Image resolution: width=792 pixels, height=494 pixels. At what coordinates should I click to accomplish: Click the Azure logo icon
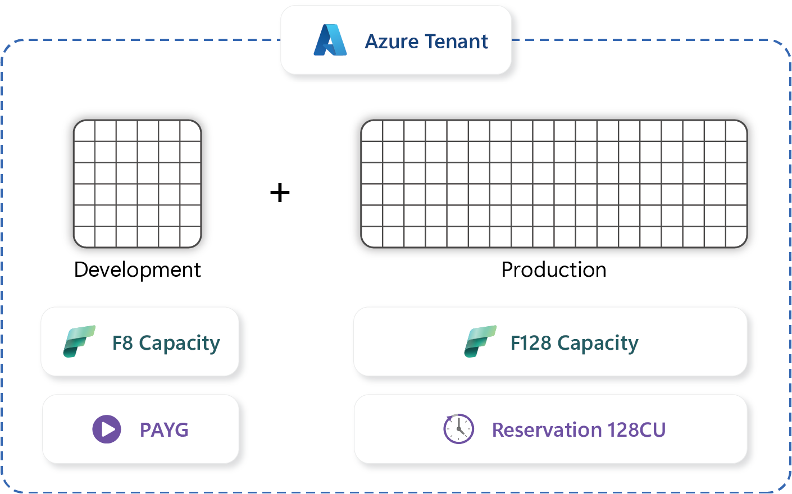tap(330, 40)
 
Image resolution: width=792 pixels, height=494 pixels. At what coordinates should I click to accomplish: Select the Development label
tap(138, 270)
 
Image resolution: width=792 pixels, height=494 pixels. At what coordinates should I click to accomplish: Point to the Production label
tap(554, 270)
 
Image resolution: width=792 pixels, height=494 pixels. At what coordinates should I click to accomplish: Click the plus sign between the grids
tap(280, 193)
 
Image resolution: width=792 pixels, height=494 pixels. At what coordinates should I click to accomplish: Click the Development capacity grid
tap(138, 184)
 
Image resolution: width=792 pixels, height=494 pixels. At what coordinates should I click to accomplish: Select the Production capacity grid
tap(554, 184)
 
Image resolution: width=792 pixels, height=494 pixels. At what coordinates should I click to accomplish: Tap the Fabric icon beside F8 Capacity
tap(79, 342)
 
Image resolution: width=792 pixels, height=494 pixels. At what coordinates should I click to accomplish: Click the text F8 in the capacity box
tap(122, 343)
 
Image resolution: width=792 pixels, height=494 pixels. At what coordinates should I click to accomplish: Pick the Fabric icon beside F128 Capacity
tap(480, 342)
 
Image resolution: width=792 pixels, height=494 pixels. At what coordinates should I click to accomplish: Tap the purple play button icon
tap(107, 429)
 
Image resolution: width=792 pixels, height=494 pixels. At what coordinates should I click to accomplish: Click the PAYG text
tap(164, 430)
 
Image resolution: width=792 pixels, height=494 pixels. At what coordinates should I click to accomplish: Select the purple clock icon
tap(459, 429)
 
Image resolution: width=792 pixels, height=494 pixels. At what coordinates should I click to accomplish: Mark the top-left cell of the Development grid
tap(85, 131)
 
